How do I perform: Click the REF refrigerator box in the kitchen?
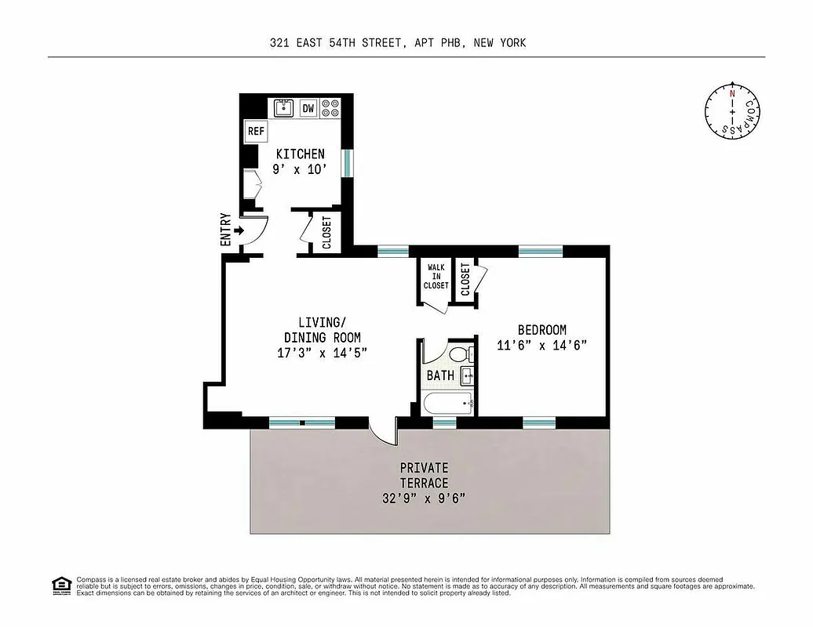pyautogui.click(x=257, y=132)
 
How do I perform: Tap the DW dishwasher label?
pyautogui.click(x=308, y=109)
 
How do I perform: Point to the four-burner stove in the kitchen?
pyautogui.click(x=331, y=108)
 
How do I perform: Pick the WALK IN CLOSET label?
pyautogui.click(x=436, y=277)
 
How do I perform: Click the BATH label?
pyautogui.click(x=440, y=375)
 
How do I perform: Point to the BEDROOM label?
pyautogui.click(x=541, y=330)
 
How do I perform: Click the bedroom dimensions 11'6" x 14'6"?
pyautogui.click(x=541, y=344)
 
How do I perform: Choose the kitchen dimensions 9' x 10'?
pyautogui.click(x=300, y=169)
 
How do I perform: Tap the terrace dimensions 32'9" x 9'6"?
pyautogui.click(x=425, y=498)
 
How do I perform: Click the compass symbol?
pyautogui.click(x=732, y=111)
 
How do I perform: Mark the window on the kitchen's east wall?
pyautogui.click(x=348, y=163)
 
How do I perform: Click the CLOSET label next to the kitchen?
pyautogui.click(x=326, y=232)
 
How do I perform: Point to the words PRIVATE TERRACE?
pyautogui.click(x=424, y=475)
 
